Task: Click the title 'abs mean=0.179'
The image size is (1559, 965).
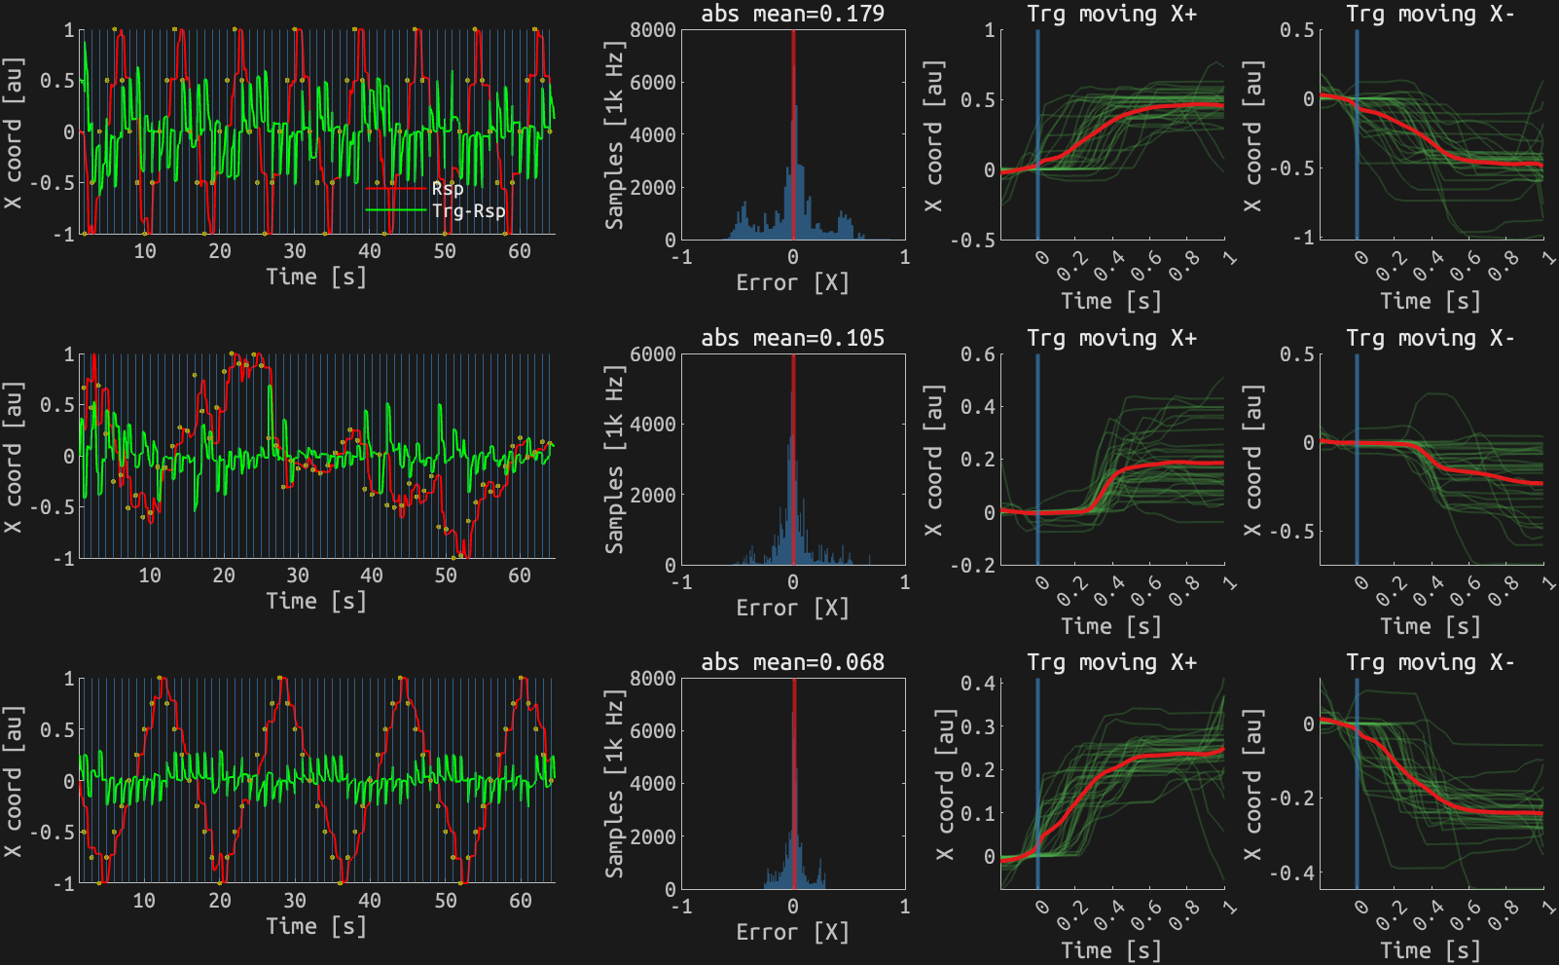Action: point(792,14)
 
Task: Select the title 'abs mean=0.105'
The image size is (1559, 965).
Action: point(792,338)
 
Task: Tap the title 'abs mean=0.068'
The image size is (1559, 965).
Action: point(792,662)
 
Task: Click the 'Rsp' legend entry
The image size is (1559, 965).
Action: point(448,189)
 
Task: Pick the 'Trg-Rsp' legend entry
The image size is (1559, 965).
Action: point(468,210)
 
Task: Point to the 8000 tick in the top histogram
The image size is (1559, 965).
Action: point(653,30)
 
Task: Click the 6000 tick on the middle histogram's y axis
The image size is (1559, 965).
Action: point(653,354)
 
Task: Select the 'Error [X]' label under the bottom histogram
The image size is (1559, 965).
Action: point(792,932)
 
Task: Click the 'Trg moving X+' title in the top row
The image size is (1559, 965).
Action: point(1111,14)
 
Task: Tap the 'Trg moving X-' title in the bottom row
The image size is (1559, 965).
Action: point(1430,662)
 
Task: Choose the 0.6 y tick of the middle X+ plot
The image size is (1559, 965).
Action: point(977,354)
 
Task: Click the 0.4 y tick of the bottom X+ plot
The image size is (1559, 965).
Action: point(977,684)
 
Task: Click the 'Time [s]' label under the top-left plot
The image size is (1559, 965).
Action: point(316,277)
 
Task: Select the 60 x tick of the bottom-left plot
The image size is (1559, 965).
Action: point(520,901)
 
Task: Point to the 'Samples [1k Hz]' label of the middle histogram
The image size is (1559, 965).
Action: point(614,460)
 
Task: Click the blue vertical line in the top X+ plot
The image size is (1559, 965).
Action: point(1037,136)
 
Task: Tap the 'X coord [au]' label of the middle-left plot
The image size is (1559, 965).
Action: point(13,458)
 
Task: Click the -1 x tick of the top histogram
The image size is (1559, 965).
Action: point(682,257)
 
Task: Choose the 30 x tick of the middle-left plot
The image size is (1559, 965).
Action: point(298,575)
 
